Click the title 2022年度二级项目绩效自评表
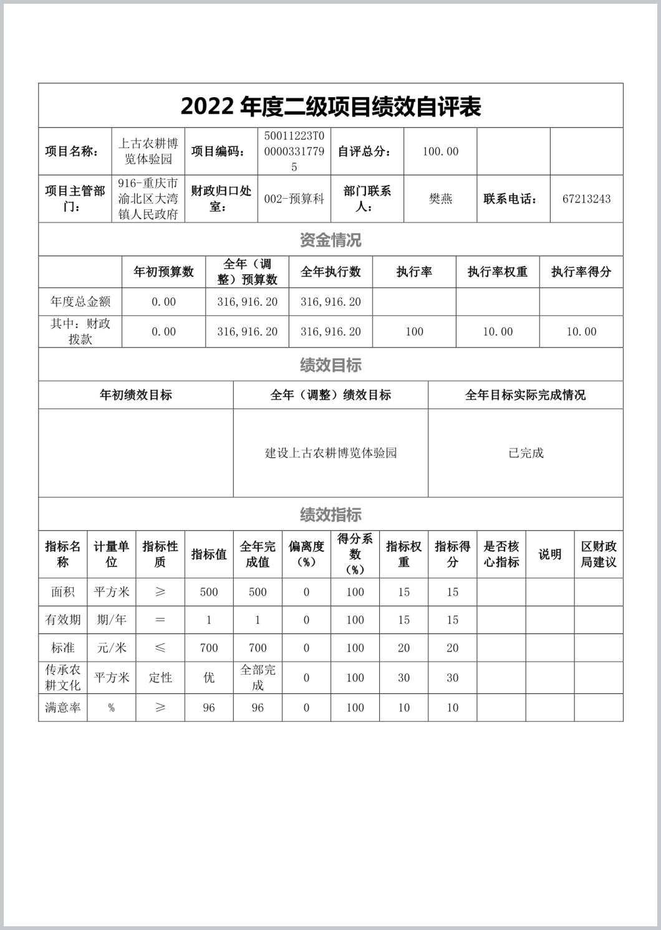[330, 107]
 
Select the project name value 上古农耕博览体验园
[148, 151]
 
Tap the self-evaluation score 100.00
[440, 151]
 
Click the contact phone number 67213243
[586, 199]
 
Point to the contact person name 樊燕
[440, 199]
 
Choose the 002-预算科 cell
[294, 199]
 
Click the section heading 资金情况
[330, 240]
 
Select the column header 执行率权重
[498, 272]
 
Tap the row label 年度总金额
[80, 302]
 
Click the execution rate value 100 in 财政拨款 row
[414, 332]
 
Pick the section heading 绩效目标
[330, 365]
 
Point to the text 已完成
[526, 453]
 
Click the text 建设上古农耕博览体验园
[330, 453]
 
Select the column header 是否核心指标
[501, 554]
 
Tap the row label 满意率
[62, 708]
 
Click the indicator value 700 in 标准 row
[209, 648]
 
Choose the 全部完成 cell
[258, 678]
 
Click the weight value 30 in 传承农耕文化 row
[404, 678]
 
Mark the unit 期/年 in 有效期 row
[112, 620]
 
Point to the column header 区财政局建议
[599, 554]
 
